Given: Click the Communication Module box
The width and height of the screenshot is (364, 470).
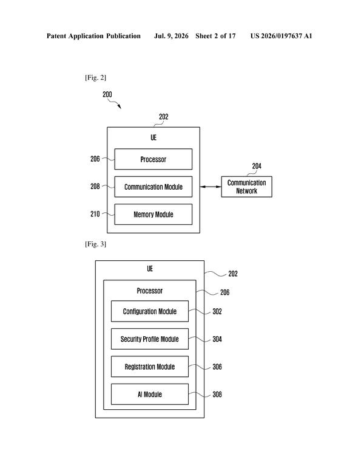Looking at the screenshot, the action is (x=153, y=187).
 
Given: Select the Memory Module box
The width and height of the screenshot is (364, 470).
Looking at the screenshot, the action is (x=153, y=214).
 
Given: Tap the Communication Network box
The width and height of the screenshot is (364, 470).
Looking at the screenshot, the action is (x=246, y=187).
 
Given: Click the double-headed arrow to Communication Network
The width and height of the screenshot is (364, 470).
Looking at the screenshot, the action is (x=211, y=187).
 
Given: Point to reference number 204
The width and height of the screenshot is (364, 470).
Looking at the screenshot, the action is (x=257, y=166).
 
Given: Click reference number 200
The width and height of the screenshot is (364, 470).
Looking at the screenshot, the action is (x=107, y=94).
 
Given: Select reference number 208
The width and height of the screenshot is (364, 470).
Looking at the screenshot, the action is (x=95, y=187).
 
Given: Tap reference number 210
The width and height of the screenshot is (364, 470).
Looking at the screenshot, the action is (x=95, y=214).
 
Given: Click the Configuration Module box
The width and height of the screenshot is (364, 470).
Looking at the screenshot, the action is (x=150, y=311).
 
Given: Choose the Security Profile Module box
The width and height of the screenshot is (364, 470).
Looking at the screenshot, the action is (x=150, y=339).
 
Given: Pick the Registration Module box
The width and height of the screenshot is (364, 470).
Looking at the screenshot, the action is (x=150, y=367).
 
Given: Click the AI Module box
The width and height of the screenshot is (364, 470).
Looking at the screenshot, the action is (x=150, y=394).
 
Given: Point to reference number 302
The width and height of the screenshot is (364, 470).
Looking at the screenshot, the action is (x=217, y=312).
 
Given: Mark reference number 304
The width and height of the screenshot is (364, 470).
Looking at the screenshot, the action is (x=217, y=339).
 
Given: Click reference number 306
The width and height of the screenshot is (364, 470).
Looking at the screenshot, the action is (x=217, y=367).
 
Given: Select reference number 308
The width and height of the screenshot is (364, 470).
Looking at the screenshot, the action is (x=217, y=395).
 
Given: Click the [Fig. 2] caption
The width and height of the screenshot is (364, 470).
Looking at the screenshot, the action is (x=95, y=78).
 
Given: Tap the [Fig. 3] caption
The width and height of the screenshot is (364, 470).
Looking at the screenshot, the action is (x=95, y=244).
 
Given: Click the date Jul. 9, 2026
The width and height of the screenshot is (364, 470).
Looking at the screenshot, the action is (x=171, y=36).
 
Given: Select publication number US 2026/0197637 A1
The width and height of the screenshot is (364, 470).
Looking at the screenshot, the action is (x=281, y=36).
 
